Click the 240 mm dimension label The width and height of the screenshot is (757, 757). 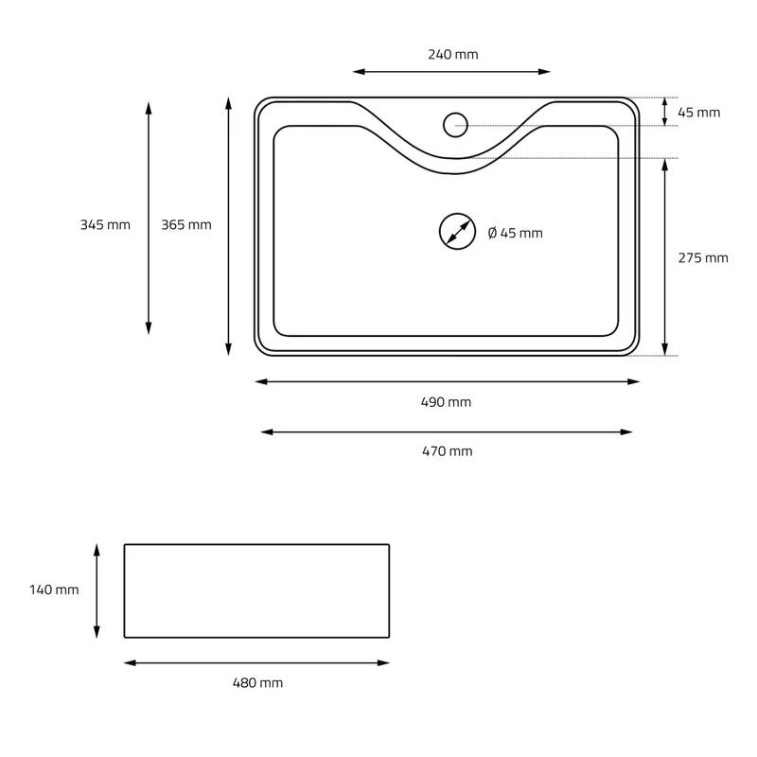coord(453,55)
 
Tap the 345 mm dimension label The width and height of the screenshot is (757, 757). coord(105,224)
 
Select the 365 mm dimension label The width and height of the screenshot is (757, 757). coord(186,224)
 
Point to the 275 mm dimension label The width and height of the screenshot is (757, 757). coord(703,257)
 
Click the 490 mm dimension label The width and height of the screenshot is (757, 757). coord(446,401)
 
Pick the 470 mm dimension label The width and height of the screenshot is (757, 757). coord(447,451)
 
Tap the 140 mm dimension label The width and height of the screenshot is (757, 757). coord(54,590)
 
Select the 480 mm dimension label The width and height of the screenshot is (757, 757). coord(257,682)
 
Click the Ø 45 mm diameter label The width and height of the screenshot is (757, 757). coord(515,233)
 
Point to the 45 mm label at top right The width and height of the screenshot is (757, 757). coord(698,113)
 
